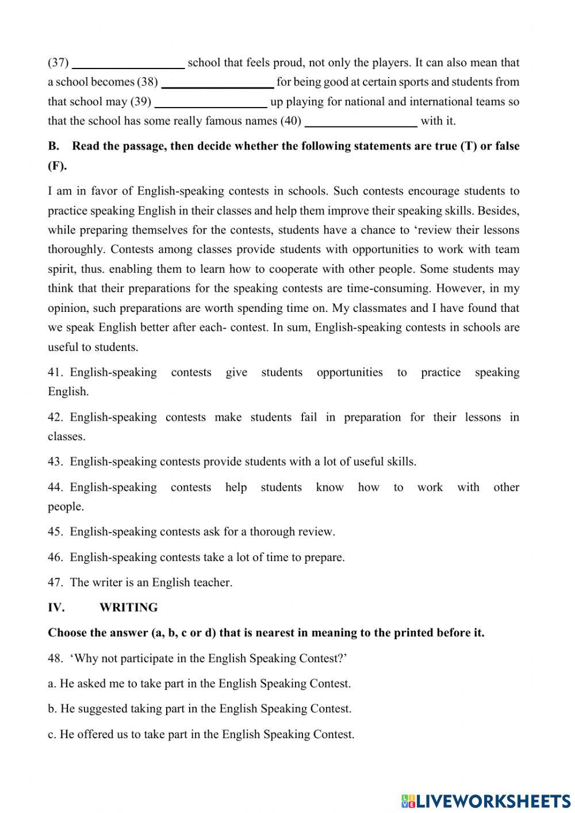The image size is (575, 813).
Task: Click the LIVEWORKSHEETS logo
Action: [486, 800]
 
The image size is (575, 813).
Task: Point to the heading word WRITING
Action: [128, 608]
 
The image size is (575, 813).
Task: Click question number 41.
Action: [55, 372]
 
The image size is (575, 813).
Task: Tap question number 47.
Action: [55, 582]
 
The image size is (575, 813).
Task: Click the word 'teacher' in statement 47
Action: [213, 582]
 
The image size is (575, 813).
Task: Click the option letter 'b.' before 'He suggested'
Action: [52, 709]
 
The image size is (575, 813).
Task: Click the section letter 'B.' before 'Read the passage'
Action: [53, 146]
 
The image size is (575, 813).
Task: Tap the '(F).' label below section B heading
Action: [57, 166]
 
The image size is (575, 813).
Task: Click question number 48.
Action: [55, 658]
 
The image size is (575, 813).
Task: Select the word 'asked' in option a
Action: [92, 684]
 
